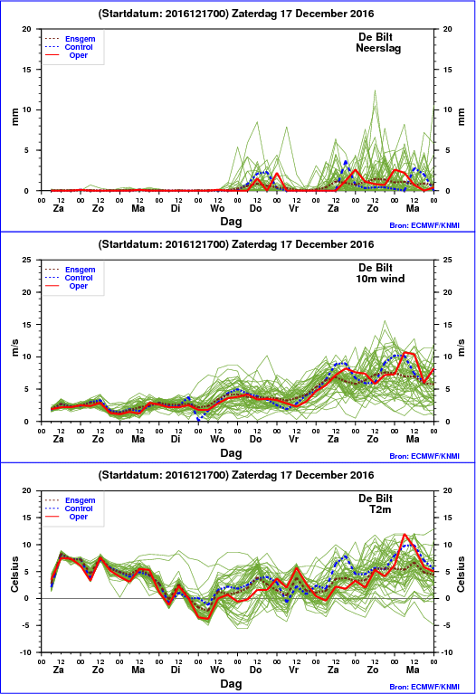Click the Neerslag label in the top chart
[x=378, y=48]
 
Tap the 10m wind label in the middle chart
[x=380, y=279]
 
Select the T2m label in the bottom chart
[x=380, y=509]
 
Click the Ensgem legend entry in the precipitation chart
[x=80, y=39]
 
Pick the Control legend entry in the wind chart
[x=79, y=278]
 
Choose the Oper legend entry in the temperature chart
[x=78, y=517]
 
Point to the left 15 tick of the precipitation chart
[x=26, y=70]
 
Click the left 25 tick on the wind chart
[x=26, y=260]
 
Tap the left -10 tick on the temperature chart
[x=25, y=652]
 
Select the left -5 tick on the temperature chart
[x=27, y=625]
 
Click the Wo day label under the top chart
[x=217, y=208]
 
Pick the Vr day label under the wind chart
[x=293, y=439]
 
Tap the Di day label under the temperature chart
[x=176, y=670]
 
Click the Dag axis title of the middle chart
[x=231, y=452]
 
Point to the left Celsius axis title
[x=14, y=574]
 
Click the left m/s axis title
[x=14, y=347]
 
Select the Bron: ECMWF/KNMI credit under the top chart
[x=424, y=225]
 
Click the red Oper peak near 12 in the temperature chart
[x=404, y=534]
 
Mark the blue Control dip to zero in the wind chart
[x=198, y=419]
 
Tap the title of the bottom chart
[x=236, y=475]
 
